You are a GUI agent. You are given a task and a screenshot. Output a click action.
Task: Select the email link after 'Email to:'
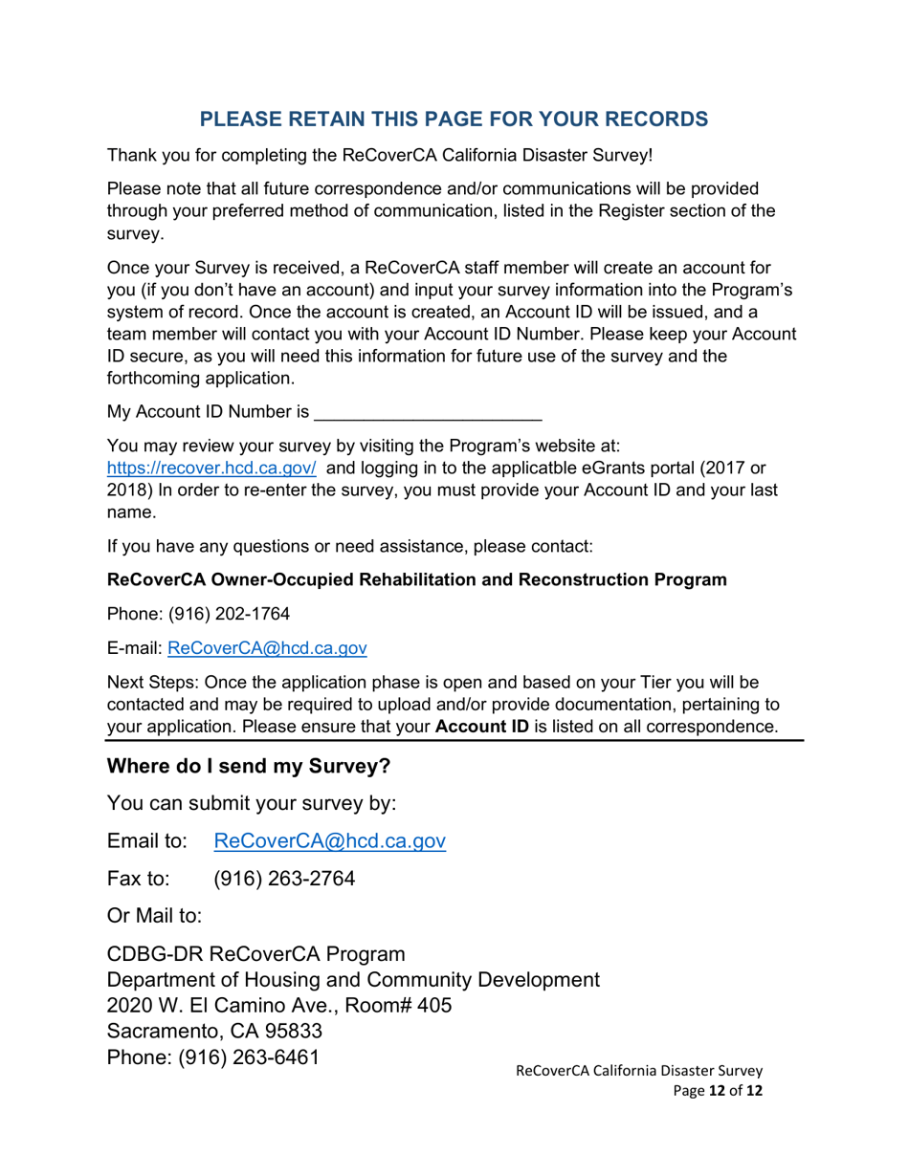coord(329,840)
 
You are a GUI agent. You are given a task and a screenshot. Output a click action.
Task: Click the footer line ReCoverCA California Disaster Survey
coord(638,1071)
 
